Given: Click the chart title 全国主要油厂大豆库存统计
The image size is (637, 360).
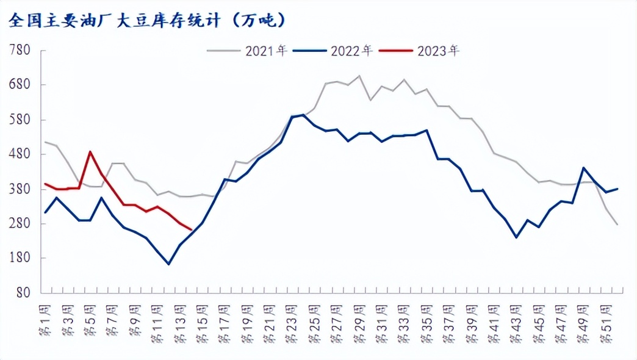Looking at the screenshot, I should click(x=146, y=21).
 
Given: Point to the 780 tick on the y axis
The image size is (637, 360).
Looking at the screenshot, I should click(x=20, y=50).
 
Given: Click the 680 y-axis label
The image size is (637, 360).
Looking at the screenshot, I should click(x=20, y=85).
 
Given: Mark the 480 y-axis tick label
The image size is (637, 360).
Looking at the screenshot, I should click(x=20, y=154).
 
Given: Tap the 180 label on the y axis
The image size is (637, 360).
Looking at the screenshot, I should click(x=20, y=258).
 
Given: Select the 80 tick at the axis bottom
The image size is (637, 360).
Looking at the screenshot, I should click(x=23, y=293).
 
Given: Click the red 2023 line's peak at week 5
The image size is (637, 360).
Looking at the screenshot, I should click(x=90, y=152).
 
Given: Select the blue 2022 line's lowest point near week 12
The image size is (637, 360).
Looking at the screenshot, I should click(x=168, y=264).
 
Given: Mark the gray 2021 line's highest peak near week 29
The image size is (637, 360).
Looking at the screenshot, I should click(x=359, y=76).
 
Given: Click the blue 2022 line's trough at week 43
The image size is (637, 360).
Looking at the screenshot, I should click(x=516, y=237).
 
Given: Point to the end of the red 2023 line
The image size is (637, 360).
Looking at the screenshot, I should click(x=191, y=229).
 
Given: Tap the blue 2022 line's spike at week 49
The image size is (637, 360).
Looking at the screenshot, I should click(x=583, y=168).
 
